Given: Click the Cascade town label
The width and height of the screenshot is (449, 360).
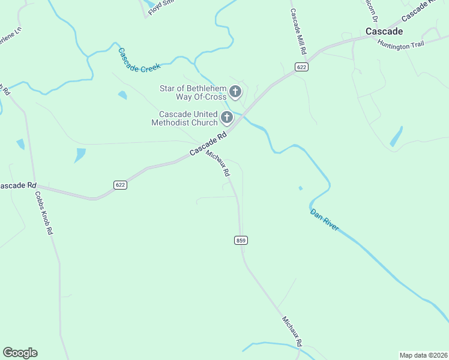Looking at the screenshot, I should (384, 31).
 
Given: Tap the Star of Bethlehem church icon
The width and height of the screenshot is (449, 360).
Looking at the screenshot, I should (235, 92).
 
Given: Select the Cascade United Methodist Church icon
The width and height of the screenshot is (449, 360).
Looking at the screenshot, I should (227, 118).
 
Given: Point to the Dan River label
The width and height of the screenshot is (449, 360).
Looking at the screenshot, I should (325, 220).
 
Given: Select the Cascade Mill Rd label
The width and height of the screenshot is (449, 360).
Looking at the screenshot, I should (298, 32).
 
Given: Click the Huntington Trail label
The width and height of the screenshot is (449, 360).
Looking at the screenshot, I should (400, 44).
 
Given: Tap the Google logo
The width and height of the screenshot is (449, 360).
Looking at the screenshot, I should (20, 353).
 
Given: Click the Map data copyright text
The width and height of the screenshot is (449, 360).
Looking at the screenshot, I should (423, 355).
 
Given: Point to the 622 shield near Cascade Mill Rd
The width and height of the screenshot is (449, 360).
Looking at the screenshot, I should (301, 67).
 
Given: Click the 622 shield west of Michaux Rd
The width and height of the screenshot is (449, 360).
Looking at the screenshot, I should (121, 185).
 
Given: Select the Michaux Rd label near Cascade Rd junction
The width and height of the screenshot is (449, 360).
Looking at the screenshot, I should (218, 163).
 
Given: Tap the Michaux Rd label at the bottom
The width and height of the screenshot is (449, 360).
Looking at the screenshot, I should (292, 331).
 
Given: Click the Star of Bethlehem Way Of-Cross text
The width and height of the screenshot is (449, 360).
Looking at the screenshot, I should (193, 92).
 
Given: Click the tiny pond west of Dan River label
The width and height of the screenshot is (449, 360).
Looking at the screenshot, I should (300, 188).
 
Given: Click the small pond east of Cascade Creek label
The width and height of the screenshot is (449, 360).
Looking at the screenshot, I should (123, 95).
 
